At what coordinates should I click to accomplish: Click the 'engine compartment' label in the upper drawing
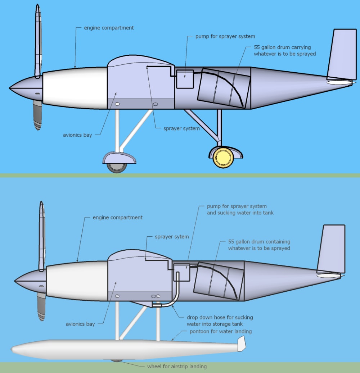point(108,28)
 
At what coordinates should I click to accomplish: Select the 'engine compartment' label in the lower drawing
point(118,218)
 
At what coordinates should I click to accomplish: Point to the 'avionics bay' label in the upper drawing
point(77,135)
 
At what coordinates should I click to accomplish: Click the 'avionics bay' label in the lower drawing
point(80,324)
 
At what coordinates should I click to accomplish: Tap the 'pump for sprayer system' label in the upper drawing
point(225,36)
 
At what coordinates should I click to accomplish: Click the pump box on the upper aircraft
point(185,79)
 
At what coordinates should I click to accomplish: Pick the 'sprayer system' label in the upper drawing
point(181,128)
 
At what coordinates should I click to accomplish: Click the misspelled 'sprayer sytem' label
point(172,237)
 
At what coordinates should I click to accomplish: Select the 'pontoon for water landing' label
point(221,331)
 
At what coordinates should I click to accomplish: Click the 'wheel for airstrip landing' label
point(177,367)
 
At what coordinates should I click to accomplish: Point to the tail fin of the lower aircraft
point(331,248)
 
